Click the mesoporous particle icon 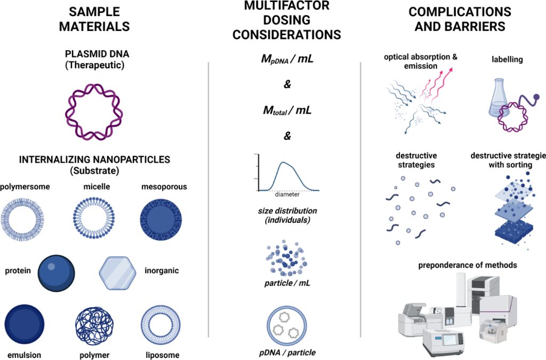coord(161,220)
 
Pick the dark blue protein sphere coord(56,273)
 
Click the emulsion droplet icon coord(25,324)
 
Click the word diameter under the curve coord(287,195)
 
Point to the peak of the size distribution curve coord(284,162)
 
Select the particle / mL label coord(287,283)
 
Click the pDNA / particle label coord(287,353)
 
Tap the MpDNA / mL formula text coord(287,59)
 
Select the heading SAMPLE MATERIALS coord(94,19)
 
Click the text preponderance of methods coord(467,265)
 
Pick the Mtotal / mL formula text coord(287,110)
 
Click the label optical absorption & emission coord(421,61)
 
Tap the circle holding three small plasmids coord(268,325)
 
